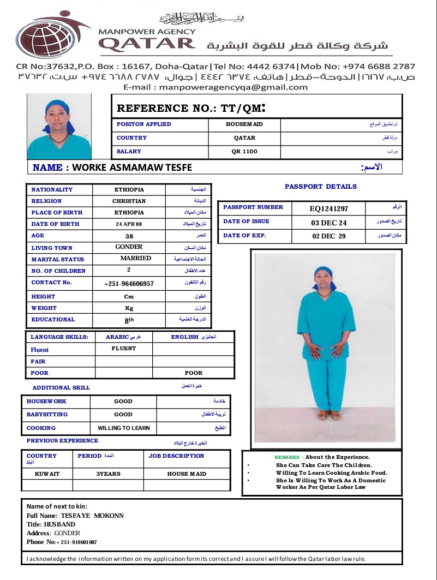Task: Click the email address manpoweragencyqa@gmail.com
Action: click(x=215, y=87)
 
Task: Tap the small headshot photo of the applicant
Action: click(x=59, y=127)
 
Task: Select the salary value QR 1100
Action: click(x=244, y=152)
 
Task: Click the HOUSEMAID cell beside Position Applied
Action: click(x=244, y=124)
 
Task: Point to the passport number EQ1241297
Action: click(x=329, y=208)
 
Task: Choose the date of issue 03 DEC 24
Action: click(x=329, y=222)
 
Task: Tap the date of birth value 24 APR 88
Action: click(x=129, y=224)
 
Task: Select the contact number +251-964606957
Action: click(x=129, y=284)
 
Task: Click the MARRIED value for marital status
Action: click(x=136, y=259)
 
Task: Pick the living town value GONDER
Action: click(x=129, y=247)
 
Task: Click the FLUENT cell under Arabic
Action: click(x=124, y=348)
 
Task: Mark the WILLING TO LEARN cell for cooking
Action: click(x=123, y=428)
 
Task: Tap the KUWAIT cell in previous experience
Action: click(x=47, y=474)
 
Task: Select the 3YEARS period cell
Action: click(x=108, y=474)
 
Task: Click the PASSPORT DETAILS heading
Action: click(x=321, y=187)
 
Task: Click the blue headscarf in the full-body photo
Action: click(x=324, y=272)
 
